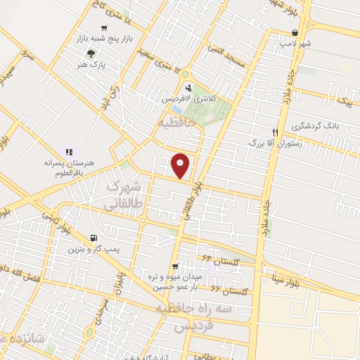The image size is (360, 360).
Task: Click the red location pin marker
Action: [x=181, y=165]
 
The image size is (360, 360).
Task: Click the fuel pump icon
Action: [x=94, y=238]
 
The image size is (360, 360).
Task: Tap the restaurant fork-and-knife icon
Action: [x=276, y=131]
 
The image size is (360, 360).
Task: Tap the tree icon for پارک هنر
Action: [x=89, y=54]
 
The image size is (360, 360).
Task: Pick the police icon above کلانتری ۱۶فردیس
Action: [x=188, y=88]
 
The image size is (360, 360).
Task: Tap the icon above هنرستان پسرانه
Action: [x=69, y=151]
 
